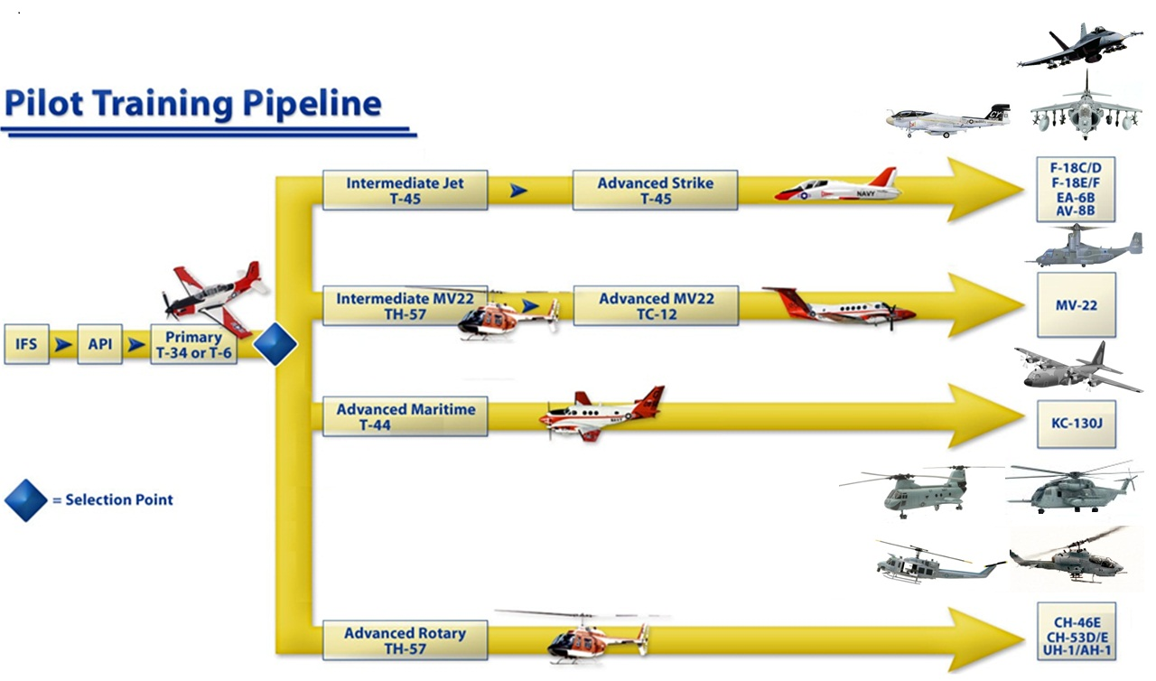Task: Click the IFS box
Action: pos(26,344)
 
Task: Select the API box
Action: pos(99,344)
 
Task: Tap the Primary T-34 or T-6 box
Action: pos(194,345)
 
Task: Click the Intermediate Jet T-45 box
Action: pos(405,190)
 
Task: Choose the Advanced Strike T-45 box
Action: pos(655,190)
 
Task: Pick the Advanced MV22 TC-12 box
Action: pos(655,305)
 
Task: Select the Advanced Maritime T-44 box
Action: pos(405,415)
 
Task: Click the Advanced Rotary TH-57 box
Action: pos(405,639)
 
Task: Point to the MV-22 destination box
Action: pos(1077,305)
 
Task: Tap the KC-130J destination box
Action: pos(1077,424)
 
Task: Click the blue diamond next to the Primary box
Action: pos(275,344)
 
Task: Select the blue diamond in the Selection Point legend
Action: pos(26,499)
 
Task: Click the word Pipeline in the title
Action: pos(312,103)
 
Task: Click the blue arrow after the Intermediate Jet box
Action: pos(518,190)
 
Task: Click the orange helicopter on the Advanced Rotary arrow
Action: pos(596,639)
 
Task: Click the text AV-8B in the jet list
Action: pos(1077,210)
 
